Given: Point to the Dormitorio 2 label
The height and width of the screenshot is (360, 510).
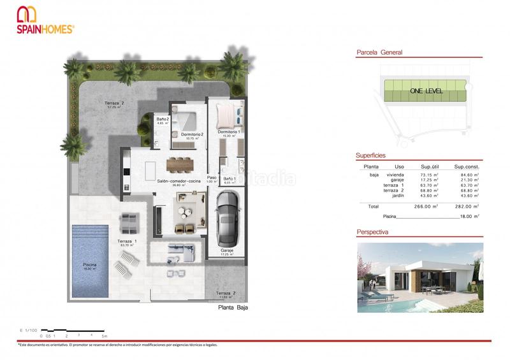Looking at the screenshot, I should coord(192,134).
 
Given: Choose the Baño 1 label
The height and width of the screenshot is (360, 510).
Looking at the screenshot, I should coord(229,180).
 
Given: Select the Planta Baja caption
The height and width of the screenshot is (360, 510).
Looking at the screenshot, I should coord(232,307).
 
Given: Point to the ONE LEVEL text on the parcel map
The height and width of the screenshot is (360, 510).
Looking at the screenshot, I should coord(426,90).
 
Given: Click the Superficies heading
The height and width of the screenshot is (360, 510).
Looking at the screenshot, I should coord(370,155).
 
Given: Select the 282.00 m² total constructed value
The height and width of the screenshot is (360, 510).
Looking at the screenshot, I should coord(469,206).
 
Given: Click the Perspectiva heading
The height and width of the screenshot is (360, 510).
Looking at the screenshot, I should coord(372,233).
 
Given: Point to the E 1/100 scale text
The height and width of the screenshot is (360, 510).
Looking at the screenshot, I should coord(30,330).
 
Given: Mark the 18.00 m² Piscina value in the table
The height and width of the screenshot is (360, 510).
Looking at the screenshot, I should coord(469,217).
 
